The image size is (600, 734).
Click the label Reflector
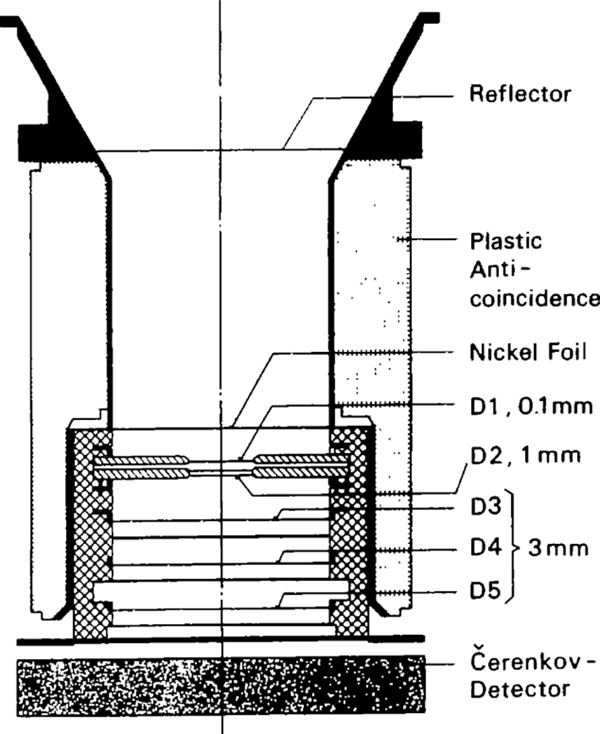520,94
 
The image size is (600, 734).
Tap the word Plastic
506,241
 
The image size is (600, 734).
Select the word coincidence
535,298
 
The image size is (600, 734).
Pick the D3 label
486,506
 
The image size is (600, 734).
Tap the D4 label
486,547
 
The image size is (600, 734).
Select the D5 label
486,591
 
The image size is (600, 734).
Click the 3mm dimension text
558,548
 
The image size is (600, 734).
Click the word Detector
520,689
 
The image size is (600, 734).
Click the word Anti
492,270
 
